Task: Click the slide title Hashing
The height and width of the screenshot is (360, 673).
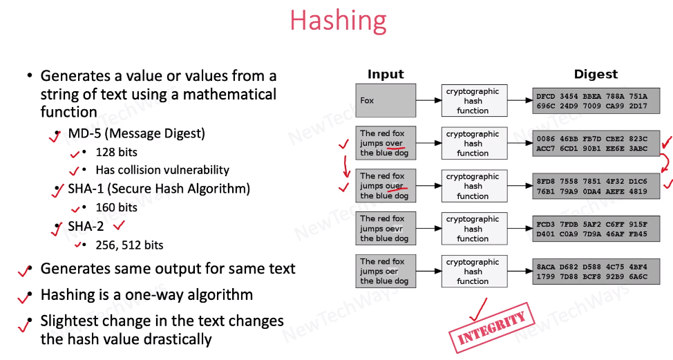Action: [338, 20]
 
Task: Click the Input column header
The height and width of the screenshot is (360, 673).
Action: [386, 75]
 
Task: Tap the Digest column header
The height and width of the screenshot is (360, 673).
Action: [596, 75]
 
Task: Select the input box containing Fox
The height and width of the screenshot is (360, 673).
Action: [386, 100]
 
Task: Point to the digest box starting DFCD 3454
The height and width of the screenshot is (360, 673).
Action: [596, 101]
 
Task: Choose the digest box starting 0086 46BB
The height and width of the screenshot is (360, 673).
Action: [596, 144]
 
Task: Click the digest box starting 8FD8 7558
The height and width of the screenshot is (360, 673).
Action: [596, 186]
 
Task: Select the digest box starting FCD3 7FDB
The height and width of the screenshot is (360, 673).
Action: [596, 229]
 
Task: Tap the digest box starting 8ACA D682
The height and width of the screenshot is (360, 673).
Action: [596, 272]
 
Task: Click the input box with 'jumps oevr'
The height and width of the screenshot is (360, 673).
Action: [386, 229]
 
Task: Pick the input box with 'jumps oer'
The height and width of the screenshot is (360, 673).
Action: [386, 272]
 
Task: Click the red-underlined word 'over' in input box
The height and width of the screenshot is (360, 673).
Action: [394, 143]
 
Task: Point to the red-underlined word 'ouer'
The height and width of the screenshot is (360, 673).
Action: [395, 186]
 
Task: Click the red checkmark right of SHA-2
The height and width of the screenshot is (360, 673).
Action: [118, 225]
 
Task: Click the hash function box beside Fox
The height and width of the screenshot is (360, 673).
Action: [473, 101]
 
